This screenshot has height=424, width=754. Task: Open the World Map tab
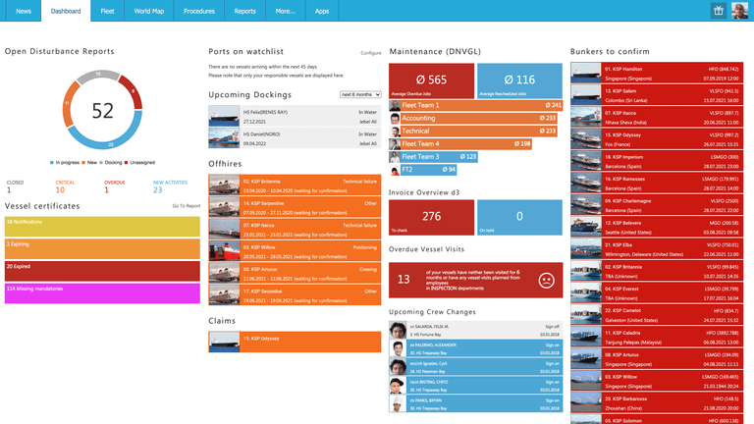coord(149,11)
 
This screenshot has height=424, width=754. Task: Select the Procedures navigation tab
coord(198,11)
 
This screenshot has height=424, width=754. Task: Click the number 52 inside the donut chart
coord(103,111)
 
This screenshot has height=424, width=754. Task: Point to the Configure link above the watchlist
coord(370,52)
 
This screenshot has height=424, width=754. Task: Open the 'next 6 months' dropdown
coord(359,94)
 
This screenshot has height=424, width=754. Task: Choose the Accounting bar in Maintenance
coord(475,118)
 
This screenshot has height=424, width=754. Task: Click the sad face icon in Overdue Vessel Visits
coord(546,280)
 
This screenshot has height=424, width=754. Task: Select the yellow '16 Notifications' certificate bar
coord(103,226)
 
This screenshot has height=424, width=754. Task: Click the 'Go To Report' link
coord(186,206)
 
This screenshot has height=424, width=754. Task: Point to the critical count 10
coord(60,189)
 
